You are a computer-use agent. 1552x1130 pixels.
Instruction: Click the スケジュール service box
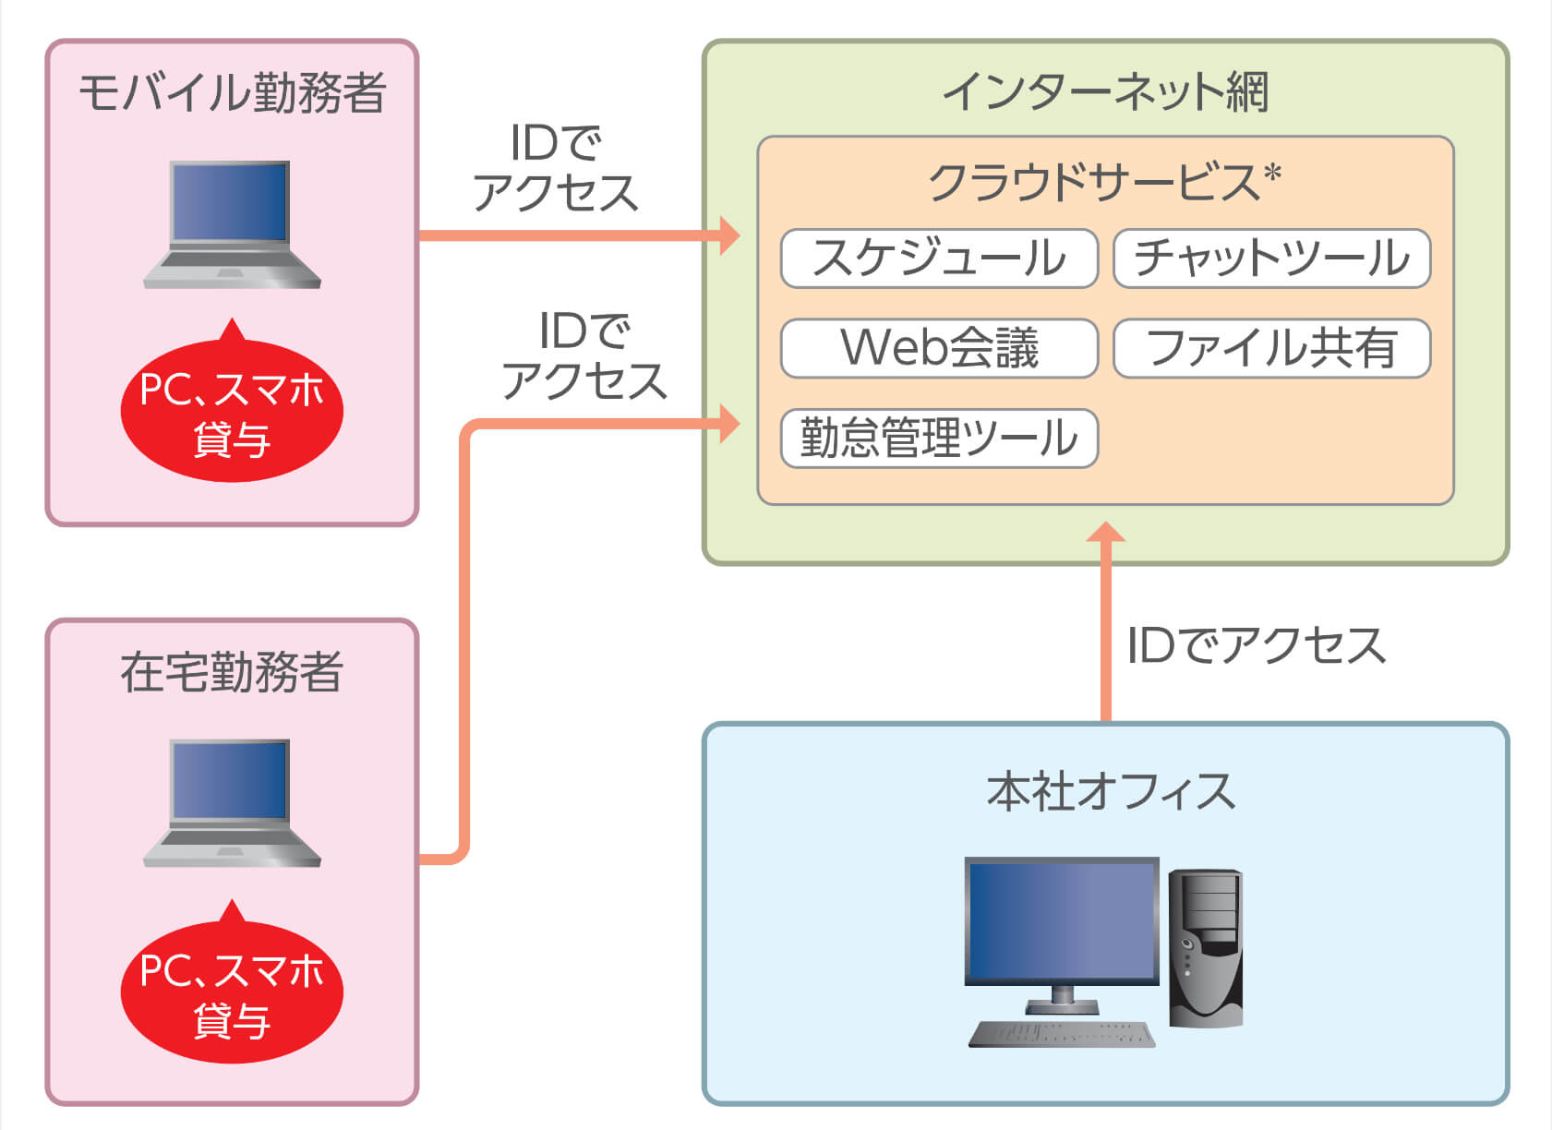click(939, 258)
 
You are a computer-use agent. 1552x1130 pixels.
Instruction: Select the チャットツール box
click(1272, 258)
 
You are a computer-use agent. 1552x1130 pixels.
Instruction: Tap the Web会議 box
click(939, 348)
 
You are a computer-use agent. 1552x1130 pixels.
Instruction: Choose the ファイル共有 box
click(1272, 348)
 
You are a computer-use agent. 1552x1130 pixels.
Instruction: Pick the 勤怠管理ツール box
click(939, 439)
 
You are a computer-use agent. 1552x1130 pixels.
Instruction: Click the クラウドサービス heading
click(1095, 183)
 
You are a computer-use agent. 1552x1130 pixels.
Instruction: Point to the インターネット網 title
click(1106, 92)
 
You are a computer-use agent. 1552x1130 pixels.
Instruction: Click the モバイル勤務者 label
click(232, 92)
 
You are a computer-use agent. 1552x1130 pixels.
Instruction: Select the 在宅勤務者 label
click(232, 672)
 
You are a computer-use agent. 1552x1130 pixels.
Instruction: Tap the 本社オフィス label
click(1111, 791)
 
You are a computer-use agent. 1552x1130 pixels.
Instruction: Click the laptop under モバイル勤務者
click(232, 224)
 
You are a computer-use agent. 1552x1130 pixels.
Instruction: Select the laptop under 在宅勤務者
click(232, 803)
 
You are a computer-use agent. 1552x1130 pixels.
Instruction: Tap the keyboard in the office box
click(1062, 1034)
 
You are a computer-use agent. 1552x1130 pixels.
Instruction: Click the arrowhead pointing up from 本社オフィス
click(1106, 532)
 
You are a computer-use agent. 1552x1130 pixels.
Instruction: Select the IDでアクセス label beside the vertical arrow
click(1257, 645)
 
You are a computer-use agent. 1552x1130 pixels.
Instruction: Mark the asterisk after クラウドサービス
click(1272, 173)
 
